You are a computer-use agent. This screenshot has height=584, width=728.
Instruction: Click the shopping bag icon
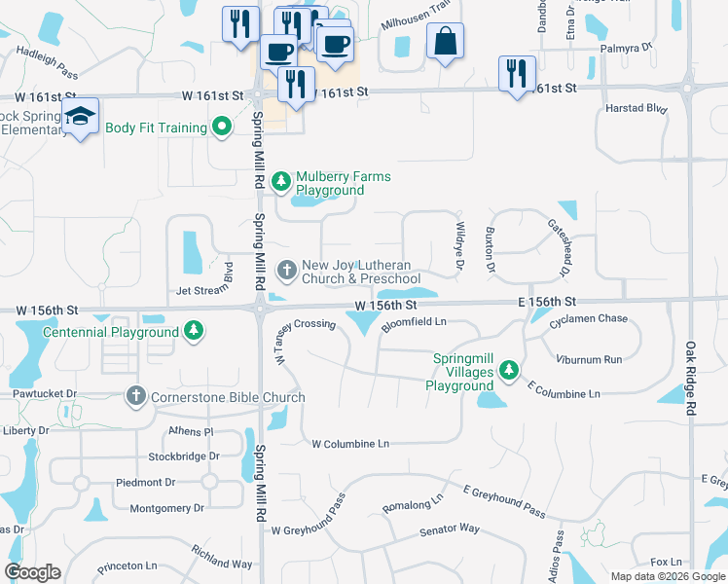445,41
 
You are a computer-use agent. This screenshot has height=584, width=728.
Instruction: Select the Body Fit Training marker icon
222,127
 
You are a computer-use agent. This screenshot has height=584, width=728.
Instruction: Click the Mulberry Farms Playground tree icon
281,182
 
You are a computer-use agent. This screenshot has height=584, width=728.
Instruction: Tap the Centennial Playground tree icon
195,331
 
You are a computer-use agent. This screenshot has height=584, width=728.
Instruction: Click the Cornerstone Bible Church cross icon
135,396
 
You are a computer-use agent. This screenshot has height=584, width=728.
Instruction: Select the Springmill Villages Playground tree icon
507,370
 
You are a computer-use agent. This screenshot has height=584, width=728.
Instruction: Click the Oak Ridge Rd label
690,380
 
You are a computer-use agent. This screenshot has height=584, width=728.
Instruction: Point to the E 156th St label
548,303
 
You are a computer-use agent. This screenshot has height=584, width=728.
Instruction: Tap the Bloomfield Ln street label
414,323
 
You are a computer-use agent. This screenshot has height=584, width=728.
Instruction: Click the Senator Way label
449,529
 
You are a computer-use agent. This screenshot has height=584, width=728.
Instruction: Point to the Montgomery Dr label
166,508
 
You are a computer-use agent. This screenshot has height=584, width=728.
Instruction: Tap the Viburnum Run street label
589,360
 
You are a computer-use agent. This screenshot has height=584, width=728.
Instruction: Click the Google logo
32,572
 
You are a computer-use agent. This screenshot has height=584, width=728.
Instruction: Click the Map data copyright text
667,576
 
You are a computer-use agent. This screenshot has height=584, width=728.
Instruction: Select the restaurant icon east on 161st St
517,74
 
